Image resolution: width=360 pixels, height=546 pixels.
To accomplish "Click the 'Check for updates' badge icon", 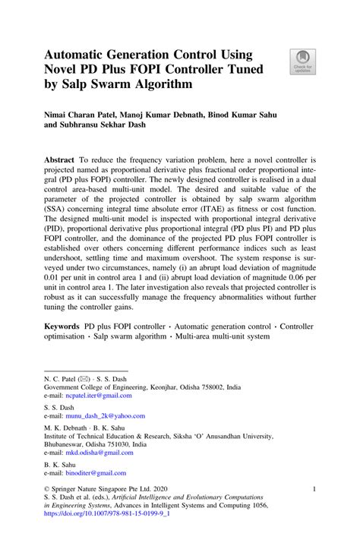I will tap(302, 58).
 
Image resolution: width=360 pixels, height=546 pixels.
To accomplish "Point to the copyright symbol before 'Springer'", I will tap(47, 490).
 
